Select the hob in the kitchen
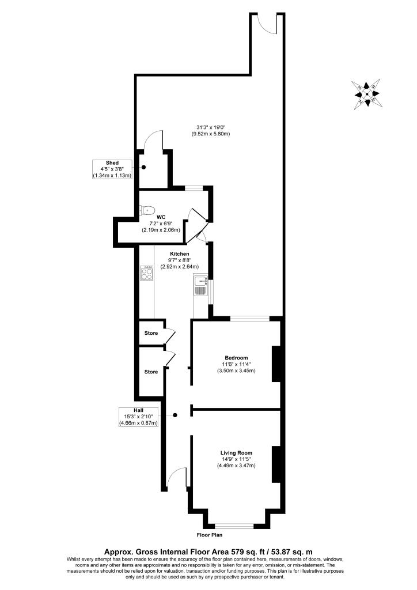146,273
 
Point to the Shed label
112,163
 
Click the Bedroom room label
236,357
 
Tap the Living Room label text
236,452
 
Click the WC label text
161,217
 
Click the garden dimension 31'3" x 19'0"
211,127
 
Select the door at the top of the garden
266,22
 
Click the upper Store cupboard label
151,333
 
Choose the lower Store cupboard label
151,372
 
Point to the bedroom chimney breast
276,363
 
